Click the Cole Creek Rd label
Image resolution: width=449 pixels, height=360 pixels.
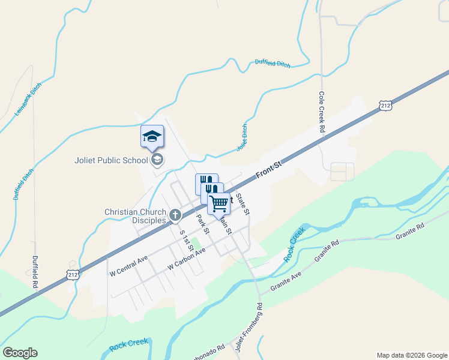[x=322, y=112]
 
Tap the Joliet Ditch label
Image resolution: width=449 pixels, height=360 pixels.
[x=242, y=137]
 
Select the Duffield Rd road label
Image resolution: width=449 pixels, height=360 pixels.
[x=35, y=273]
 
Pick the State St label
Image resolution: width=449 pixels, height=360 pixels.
[x=243, y=204]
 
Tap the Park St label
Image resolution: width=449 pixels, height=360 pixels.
[x=202, y=223]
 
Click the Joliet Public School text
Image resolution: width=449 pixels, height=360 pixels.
[x=112, y=160]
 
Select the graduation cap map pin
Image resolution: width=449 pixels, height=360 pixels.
[x=152, y=137]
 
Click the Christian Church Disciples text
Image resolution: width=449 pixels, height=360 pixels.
[x=134, y=216]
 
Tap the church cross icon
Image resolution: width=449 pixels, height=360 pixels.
[x=175, y=215]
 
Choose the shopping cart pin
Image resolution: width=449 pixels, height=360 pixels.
[x=219, y=203]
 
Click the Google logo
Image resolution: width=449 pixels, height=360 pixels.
[x=20, y=353]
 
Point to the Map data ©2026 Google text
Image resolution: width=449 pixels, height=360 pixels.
[x=412, y=355]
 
